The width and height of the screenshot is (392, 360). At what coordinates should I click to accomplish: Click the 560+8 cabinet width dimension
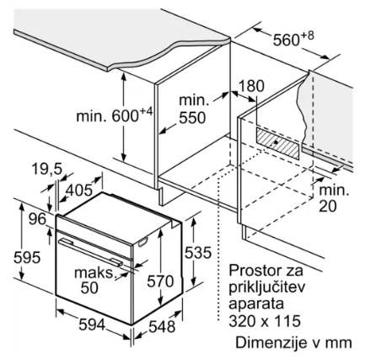[x=293, y=39]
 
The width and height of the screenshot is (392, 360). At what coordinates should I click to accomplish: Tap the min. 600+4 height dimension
[x=115, y=115]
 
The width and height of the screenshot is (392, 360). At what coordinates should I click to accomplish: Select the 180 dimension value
[x=251, y=86]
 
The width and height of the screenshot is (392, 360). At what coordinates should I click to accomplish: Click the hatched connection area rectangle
[x=277, y=142]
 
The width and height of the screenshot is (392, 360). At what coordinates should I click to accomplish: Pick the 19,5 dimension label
[x=46, y=169]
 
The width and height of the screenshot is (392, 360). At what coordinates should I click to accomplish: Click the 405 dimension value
[x=79, y=191]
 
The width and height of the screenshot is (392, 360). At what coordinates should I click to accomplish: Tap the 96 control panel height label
[x=37, y=218]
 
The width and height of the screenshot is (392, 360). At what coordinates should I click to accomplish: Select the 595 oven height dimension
[x=27, y=257]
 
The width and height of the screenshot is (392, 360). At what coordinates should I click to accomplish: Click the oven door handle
[x=90, y=251]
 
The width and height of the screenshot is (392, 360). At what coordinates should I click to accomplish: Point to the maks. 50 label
[x=95, y=280]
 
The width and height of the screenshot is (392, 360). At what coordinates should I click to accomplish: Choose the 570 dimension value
[x=160, y=281]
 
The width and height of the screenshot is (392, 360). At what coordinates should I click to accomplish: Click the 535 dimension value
[x=198, y=252]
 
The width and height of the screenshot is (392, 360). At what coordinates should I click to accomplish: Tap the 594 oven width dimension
[x=92, y=325]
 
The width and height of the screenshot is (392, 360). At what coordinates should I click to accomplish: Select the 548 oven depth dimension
[x=162, y=326]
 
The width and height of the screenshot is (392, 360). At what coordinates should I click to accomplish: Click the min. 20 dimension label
[x=334, y=198]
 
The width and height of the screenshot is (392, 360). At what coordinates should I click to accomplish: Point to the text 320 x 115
[x=265, y=321]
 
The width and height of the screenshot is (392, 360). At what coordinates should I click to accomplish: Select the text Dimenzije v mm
[x=293, y=342]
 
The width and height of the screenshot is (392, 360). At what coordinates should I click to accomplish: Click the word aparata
[x=256, y=304]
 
